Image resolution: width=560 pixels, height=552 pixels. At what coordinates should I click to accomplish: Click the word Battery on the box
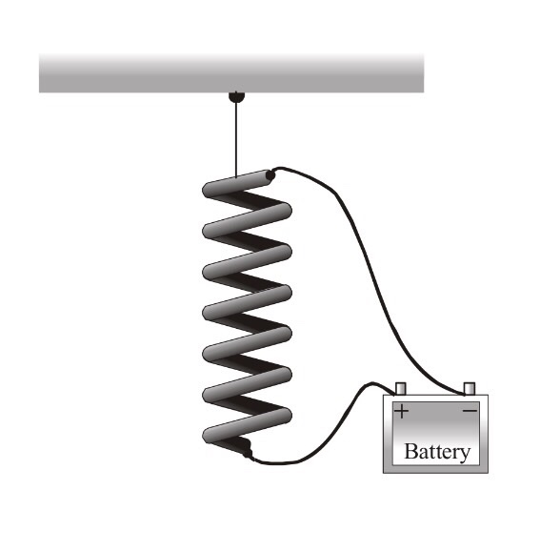tap(437, 451)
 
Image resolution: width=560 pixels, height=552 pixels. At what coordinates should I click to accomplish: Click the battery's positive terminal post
tap(401, 388)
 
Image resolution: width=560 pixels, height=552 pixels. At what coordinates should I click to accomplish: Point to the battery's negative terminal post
tap(468, 388)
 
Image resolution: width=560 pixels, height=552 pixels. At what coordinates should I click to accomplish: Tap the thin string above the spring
tap(235, 138)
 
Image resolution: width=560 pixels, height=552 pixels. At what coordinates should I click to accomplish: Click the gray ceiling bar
tap(231, 72)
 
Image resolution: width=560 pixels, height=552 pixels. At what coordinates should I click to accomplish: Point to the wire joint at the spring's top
tap(272, 174)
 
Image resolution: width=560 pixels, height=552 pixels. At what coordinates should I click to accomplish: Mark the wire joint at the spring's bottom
tap(250, 455)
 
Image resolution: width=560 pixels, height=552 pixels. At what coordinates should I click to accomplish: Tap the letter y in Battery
tap(464, 454)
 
